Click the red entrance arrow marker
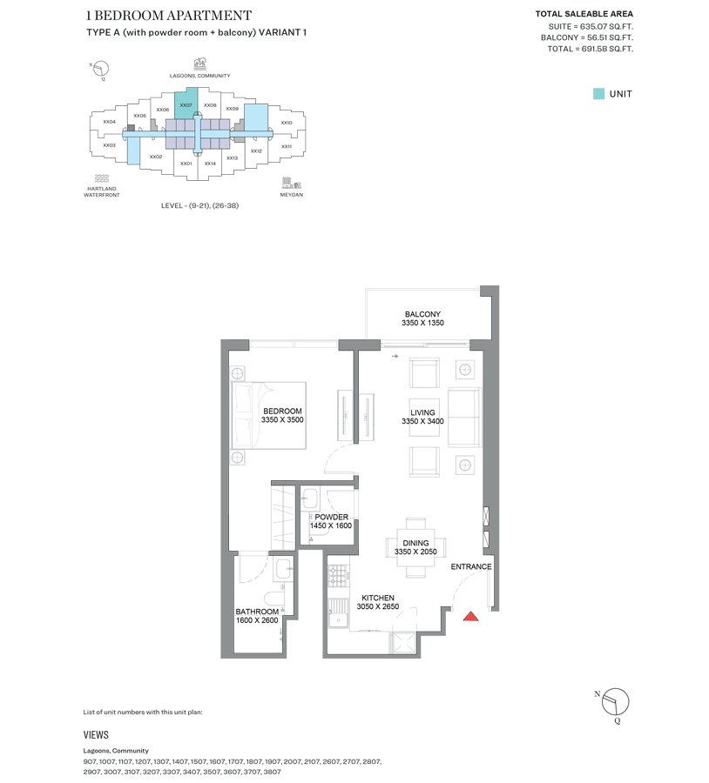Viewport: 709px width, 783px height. tap(470, 617)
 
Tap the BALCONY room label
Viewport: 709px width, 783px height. tap(422, 314)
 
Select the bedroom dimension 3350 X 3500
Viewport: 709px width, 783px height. tap(282, 420)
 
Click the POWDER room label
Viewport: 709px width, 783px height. tap(332, 516)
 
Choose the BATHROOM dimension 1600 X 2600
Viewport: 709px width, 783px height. tap(257, 620)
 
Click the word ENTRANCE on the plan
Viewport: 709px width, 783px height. tap(471, 567)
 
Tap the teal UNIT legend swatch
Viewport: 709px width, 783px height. tap(598, 94)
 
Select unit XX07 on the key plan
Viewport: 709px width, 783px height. tap(186, 105)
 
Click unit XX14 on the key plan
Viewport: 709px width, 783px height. tap(210, 163)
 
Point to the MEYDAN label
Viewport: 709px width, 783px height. tap(292, 195)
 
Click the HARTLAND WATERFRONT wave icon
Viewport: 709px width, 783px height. tap(103, 178)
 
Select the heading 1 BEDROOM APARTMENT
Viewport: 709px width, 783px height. tap(169, 15)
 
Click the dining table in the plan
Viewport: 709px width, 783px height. tap(416, 546)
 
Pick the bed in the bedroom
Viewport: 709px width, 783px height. tap(268, 415)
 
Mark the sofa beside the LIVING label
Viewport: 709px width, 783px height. tap(464, 418)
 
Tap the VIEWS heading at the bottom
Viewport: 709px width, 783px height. tap(96, 735)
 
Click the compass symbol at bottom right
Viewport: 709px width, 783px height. tap(615, 701)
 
